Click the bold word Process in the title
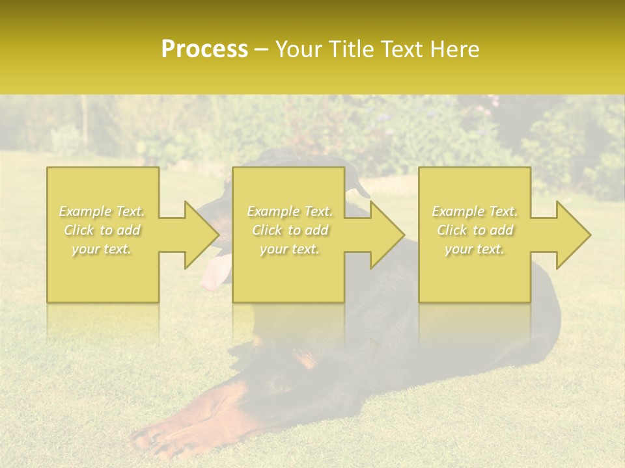pyautogui.click(x=204, y=49)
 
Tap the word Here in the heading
pyautogui.click(x=454, y=49)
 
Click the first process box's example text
pyautogui.click(x=102, y=230)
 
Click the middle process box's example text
pyautogui.click(x=289, y=230)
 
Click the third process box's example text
pyautogui.click(x=475, y=230)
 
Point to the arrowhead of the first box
pyautogui.click(x=202, y=235)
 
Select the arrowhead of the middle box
pyautogui.click(x=387, y=235)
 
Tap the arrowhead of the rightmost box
pyautogui.click(x=574, y=235)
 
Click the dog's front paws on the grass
pyautogui.click(x=163, y=439)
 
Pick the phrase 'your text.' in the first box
pyautogui.click(x=102, y=249)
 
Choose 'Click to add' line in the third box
pyautogui.click(x=475, y=230)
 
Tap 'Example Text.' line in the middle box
pyautogui.click(x=289, y=211)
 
